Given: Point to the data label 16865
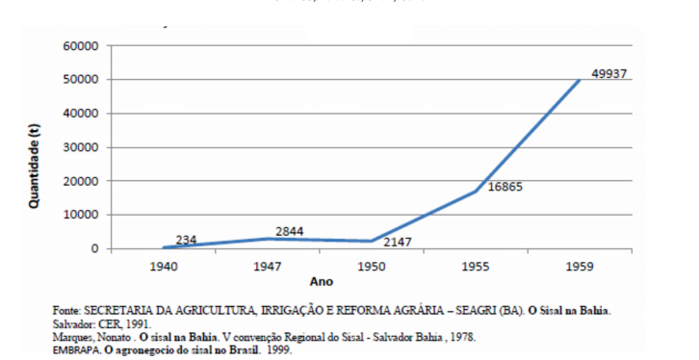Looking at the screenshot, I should coord(505,186).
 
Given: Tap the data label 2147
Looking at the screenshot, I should coord(397,243).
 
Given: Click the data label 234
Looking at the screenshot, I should coord(186,240).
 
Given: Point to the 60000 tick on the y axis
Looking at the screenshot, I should coord(82,46).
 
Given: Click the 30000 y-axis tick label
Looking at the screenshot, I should coord(82,147).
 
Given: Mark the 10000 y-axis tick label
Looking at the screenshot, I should coord(82,215).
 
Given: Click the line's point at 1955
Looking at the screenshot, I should coord(475,192).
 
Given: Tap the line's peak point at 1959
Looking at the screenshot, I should coord(579,80).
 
